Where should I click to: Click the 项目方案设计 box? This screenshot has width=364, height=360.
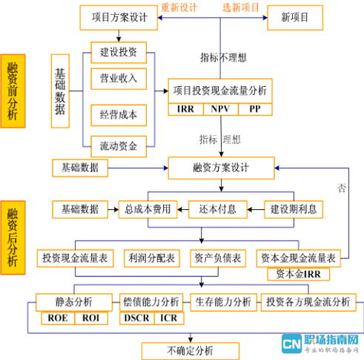point(116,16)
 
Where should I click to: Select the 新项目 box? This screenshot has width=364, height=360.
point(297,16)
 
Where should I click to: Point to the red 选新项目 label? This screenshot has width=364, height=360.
point(242,7)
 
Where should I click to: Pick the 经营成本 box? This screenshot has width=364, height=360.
point(119,114)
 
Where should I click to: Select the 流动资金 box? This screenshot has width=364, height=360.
point(119,145)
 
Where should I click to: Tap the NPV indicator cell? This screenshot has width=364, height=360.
point(220,108)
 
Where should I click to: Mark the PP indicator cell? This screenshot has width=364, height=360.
point(254,108)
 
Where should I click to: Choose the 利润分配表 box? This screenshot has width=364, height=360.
point(150,258)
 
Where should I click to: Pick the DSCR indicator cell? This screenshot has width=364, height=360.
point(136,318)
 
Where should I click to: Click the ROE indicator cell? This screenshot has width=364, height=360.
point(57,318)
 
